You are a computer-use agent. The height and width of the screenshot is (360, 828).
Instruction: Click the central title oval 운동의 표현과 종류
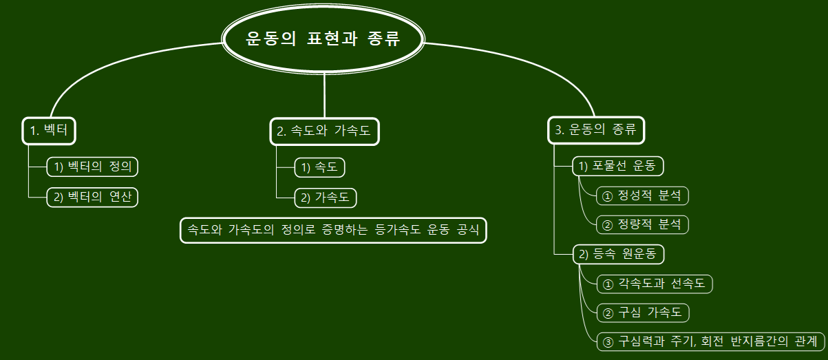pyautogui.click(x=323, y=39)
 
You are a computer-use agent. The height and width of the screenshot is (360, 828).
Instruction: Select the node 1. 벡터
pyautogui.click(x=49, y=131)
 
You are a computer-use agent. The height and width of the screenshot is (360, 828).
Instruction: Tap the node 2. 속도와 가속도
pyautogui.click(x=324, y=131)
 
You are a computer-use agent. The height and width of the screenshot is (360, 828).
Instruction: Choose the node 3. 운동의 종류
pyautogui.click(x=596, y=131)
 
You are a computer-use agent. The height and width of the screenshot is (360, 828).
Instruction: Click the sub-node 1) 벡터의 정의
pyautogui.click(x=92, y=167)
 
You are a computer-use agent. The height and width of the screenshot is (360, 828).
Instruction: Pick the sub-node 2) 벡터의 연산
pyautogui.click(x=92, y=198)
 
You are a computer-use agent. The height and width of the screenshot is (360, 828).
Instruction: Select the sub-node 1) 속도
pyautogui.click(x=319, y=167)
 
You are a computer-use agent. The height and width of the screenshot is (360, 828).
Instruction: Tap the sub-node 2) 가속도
pyautogui.click(x=326, y=198)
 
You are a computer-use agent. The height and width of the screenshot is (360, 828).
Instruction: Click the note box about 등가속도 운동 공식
pyautogui.click(x=333, y=230)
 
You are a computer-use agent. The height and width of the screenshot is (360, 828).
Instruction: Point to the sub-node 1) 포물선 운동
pyautogui.click(x=617, y=167)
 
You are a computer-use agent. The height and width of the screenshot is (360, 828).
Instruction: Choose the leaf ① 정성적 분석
pyautogui.click(x=642, y=195)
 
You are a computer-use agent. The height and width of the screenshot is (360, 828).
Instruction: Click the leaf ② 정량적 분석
pyautogui.click(x=642, y=224)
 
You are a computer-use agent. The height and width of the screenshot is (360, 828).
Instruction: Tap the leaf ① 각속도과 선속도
pyautogui.click(x=654, y=284)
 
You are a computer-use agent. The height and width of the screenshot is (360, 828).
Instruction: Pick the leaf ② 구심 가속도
pyautogui.click(x=642, y=313)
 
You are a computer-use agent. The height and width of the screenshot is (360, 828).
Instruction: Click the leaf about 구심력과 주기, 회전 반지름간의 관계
pyautogui.click(x=710, y=341)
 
